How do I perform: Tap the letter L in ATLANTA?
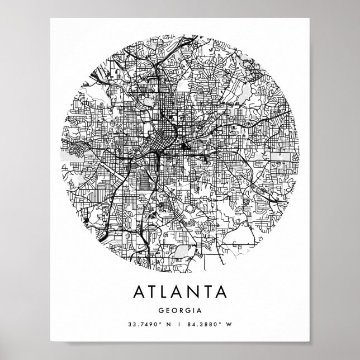pos(168,292)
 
